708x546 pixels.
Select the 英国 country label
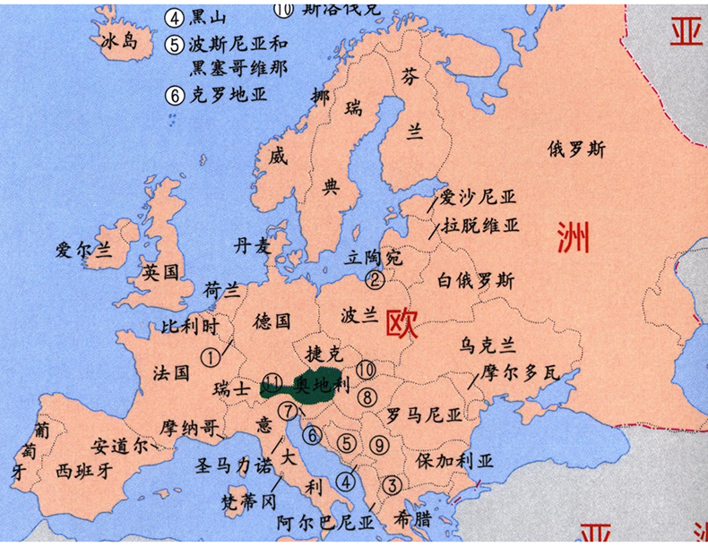pyautogui.click(x=161, y=270)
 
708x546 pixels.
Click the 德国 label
pyautogui.click(x=272, y=320)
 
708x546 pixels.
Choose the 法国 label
pyautogui.click(x=171, y=371)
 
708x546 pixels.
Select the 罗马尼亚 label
pyautogui.click(x=423, y=415)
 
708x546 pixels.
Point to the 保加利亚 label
pyautogui.click(x=454, y=461)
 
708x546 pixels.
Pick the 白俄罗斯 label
pyautogui.click(x=476, y=280)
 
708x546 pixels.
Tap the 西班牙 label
pyautogui.click(x=82, y=468)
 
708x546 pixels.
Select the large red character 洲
pyautogui.click(x=574, y=236)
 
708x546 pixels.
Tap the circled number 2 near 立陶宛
pyautogui.click(x=376, y=279)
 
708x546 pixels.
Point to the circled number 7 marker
pyautogui.click(x=287, y=411)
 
